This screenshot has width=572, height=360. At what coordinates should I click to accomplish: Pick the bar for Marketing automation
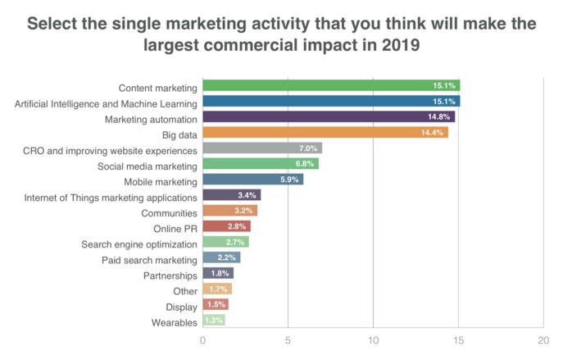329,116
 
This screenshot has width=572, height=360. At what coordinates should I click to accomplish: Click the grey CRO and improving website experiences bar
262,148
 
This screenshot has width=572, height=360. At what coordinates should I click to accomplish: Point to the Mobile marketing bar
252,180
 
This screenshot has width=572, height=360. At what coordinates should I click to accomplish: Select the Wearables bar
213,321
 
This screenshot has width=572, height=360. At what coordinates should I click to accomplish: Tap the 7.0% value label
309,148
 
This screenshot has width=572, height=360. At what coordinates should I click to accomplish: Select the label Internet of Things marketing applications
111,197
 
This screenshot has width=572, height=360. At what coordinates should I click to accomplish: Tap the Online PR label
175,228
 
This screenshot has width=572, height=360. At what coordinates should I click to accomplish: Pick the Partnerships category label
169,275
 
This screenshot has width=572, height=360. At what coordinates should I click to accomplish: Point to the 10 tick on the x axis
373,339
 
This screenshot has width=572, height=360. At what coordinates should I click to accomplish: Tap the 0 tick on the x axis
202,339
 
